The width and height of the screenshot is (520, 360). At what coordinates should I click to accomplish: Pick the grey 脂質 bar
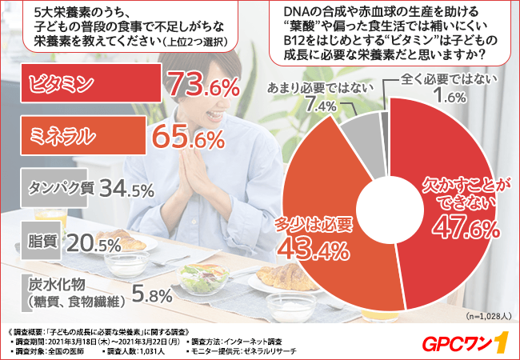pos(37,239)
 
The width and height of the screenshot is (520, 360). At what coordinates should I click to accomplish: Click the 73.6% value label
pos(204,85)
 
